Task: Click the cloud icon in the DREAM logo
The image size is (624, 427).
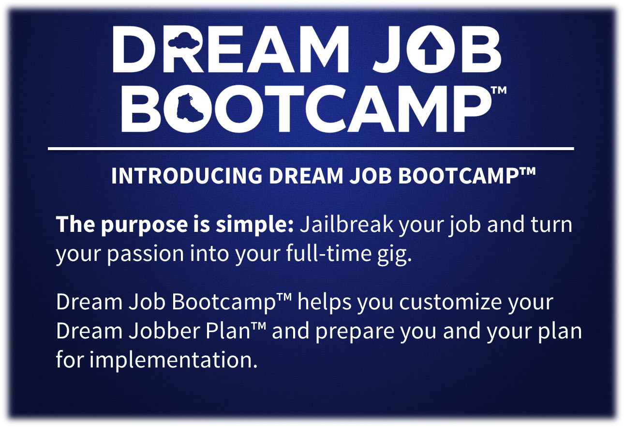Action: [x=184, y=41]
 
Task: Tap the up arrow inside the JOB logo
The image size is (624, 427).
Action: [x=431, y=48]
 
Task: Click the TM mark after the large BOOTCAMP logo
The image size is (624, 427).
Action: [x=498, y=91]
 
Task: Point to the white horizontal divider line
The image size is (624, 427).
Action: [x=311, y=149]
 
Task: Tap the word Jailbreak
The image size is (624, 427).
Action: [x=346, y=224]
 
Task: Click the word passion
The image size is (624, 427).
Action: [x=146, y=254]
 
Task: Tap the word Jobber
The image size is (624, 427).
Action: [x=164, y=331]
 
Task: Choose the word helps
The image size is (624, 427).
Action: [x=325, y=303]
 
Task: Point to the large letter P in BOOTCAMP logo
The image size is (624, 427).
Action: [x=471, y=109]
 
